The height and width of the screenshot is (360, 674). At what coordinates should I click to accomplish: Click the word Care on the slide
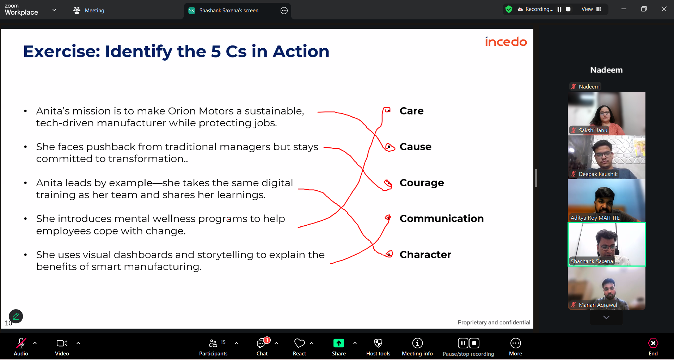[x=411, y=111]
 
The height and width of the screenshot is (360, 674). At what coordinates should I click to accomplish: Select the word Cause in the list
[x=415, y=147]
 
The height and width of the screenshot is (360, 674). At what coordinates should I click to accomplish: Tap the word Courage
[x=422, y=183]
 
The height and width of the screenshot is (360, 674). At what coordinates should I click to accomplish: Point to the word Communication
[x=441, y=219]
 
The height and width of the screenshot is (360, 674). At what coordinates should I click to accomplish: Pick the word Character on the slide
[x=425, y=255]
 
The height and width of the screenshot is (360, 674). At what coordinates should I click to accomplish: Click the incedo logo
[x=506, y=42]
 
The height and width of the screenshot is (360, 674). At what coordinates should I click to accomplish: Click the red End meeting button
[x=653, y=343]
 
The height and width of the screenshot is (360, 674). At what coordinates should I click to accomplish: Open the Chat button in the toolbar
[x=261, y=343]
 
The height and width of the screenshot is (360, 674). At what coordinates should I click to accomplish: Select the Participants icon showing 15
[x=213, y=343]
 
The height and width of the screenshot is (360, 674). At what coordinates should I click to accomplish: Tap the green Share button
[x=338, y=343]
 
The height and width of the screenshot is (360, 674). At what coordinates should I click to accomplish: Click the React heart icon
[x=299, y=343]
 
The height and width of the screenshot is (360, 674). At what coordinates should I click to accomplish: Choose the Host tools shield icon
[x=378, y=343]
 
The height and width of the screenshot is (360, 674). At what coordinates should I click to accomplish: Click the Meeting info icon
[x=417, y=343]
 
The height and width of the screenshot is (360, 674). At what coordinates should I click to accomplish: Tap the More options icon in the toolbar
[x=515, y=343]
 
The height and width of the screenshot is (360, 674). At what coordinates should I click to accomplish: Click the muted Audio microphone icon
[x=21, y=343]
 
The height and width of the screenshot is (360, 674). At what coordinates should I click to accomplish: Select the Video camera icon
[x=62, y=343]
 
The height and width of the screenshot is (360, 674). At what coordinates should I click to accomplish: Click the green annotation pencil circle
[x=16, y=316]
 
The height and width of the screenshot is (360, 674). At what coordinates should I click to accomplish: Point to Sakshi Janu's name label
[x=593, y=130]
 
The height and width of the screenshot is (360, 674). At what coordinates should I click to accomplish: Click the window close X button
[x=664, y=9]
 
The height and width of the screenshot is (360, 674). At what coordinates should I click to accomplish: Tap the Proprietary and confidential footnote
[x=494, y=322]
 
